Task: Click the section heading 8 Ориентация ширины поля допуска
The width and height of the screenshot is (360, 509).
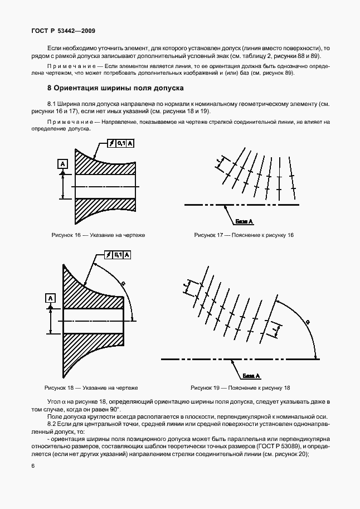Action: pyautogui.click(x=116, y=88)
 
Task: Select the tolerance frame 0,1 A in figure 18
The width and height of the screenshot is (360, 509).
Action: pyautogui.click(x=118, y=255)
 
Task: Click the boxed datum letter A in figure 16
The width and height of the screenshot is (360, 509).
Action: pyautogui.click(x=62, y=163)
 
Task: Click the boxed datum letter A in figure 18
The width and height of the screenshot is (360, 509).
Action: pyautogui.click(x=50, y=299)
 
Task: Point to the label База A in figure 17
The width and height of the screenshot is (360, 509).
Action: pyautogui.click(x=244, y=221)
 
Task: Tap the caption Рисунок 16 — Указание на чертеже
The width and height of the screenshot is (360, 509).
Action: pyautogui.click(x=98, y=235)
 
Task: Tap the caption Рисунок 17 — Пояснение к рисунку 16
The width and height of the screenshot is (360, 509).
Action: pyautogui.click(x=244, y=235)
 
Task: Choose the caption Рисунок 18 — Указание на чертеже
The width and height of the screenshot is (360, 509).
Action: pyautogui.click(x=91, y=387)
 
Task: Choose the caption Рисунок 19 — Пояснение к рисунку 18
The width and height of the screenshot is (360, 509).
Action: pyautogui.click(x=240, y=387)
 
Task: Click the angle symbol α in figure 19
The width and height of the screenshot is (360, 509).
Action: pyautogui.click(x=306, y=322)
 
